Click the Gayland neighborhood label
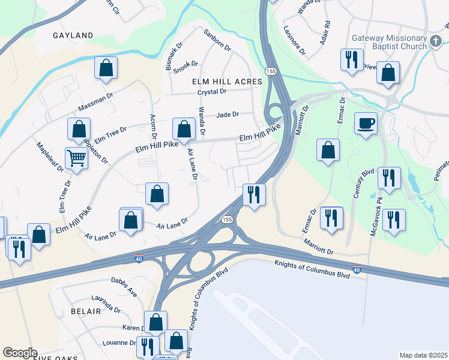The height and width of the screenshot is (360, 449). tap(73, 35)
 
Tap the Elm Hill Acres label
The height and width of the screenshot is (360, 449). tap(227, 81)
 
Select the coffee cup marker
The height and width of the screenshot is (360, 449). tap(366, 124)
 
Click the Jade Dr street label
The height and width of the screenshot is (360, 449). tap(228, 114)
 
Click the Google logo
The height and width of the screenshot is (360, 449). tap(20, 353)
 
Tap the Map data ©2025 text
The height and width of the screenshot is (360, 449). tap(423, 355)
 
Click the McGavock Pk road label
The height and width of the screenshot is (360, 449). tap(376, 213)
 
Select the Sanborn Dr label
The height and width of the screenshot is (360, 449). tap(217, 40)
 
